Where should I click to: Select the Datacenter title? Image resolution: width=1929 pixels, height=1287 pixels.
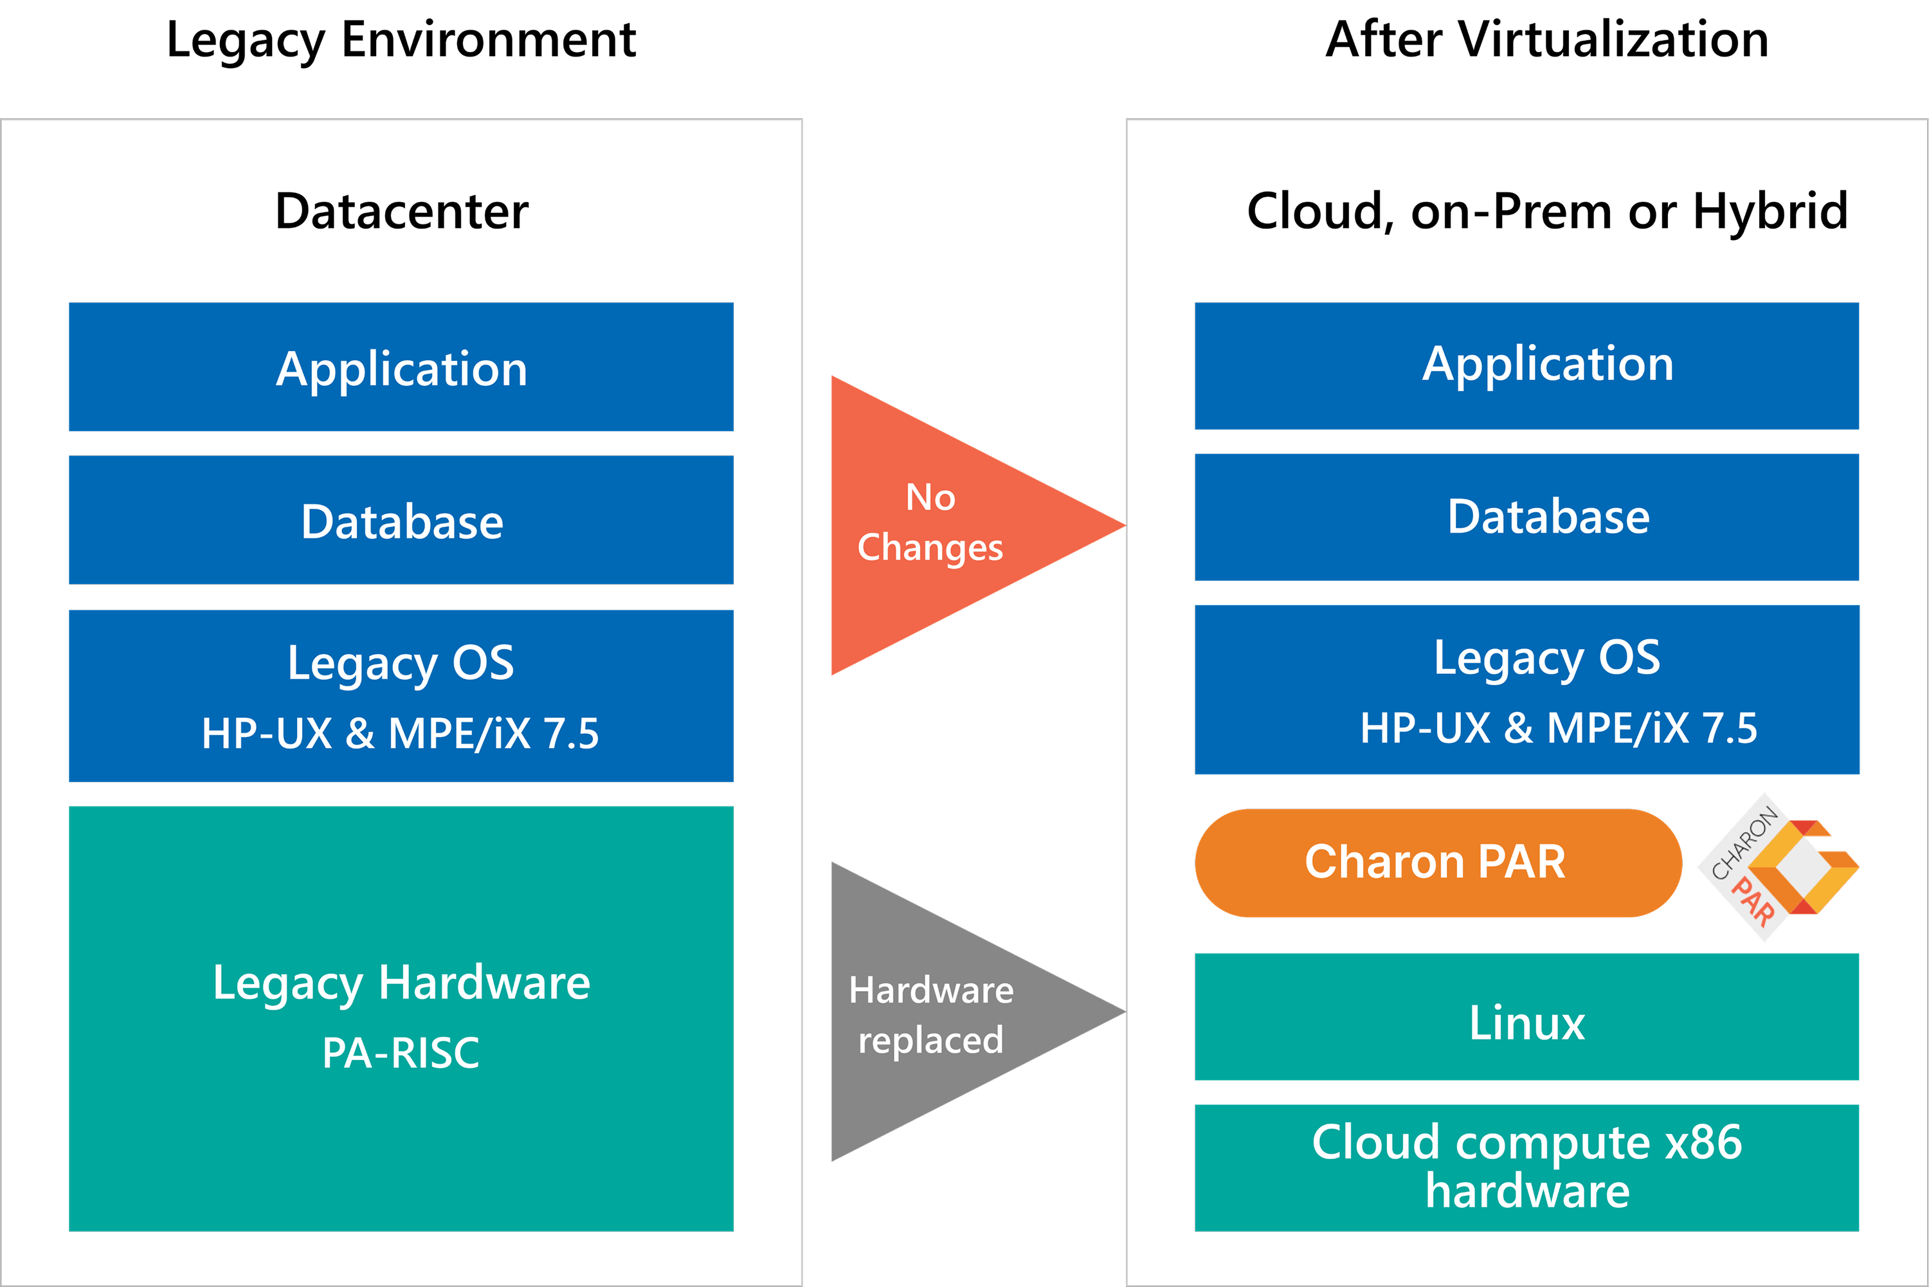(401, 211)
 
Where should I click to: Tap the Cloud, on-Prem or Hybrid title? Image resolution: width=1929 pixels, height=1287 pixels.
(1546, 211)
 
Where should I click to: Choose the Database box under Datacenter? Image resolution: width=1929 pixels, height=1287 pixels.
(401, 520)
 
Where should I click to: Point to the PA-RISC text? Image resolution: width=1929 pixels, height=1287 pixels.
(401, 1052)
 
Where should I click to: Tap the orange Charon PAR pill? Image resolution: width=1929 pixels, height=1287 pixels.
(1436, 863)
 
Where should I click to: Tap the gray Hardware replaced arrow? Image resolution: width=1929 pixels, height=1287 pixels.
(936, 1013)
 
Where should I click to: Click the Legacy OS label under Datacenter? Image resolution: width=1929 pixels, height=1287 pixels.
(401, 662)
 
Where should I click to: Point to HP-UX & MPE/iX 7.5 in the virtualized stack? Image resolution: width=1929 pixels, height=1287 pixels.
(1558, 728)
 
